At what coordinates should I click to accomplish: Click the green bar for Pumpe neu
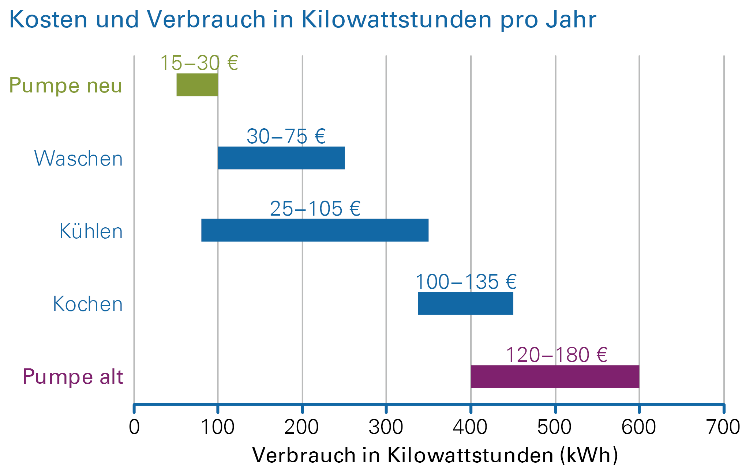(x=197, y=85)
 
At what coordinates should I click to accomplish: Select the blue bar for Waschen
(x=281, y=158)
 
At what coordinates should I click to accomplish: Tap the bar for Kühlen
(x=315, y=230)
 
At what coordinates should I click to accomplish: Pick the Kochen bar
(x=465, y=303)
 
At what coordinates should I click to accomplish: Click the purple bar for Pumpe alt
(x=555, y=376)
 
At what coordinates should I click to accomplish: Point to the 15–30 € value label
(x=199, y=63)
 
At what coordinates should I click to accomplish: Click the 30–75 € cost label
(x=286, y=136)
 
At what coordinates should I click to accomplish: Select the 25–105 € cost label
(x=315, y=209)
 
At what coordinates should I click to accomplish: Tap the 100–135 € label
(x=466, y=282)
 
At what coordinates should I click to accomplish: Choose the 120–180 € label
(x=557, y=355)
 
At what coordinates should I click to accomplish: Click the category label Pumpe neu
(x=65, y=86)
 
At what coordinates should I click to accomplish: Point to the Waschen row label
(x=78, y=159)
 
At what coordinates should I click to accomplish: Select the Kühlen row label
(x=91, y=231)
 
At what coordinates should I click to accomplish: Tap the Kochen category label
(x=87, y=304)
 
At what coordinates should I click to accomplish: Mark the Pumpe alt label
(x=72, y=377)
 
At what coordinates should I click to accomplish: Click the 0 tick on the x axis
(x=134, y=427)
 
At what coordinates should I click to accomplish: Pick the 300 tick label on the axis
(x=386, y=427)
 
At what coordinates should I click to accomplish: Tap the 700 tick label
(x=723, y=427)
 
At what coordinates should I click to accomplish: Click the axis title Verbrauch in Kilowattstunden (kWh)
(x=435, y=455)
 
